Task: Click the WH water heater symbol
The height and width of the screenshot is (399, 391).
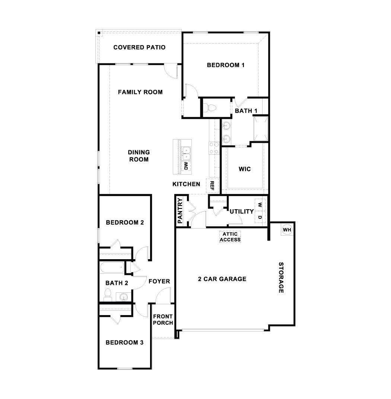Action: tap(286, 230)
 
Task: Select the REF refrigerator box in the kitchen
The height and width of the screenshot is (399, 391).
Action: tap(212, 185)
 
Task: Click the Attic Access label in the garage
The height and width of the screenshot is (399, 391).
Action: tap(230, 237)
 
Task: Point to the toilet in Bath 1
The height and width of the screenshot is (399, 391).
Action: tap(211, 107)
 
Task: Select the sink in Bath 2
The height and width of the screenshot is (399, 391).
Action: tap(124, 297)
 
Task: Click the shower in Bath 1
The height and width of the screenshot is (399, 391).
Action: tap(260, 129)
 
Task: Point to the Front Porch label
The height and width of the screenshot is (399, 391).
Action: tap(163, 320)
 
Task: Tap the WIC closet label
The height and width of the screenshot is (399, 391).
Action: tap(245, 169)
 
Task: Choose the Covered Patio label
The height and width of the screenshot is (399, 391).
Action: tap(139, 47)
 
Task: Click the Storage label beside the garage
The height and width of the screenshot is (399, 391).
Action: tap(282, 277)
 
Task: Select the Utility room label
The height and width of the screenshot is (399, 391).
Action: tap(242, 211)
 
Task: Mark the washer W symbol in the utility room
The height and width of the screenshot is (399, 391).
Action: tap(260, 205)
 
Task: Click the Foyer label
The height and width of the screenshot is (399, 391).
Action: tap(159, 281)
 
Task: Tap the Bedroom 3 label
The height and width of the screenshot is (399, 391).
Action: tap(124, 342)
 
